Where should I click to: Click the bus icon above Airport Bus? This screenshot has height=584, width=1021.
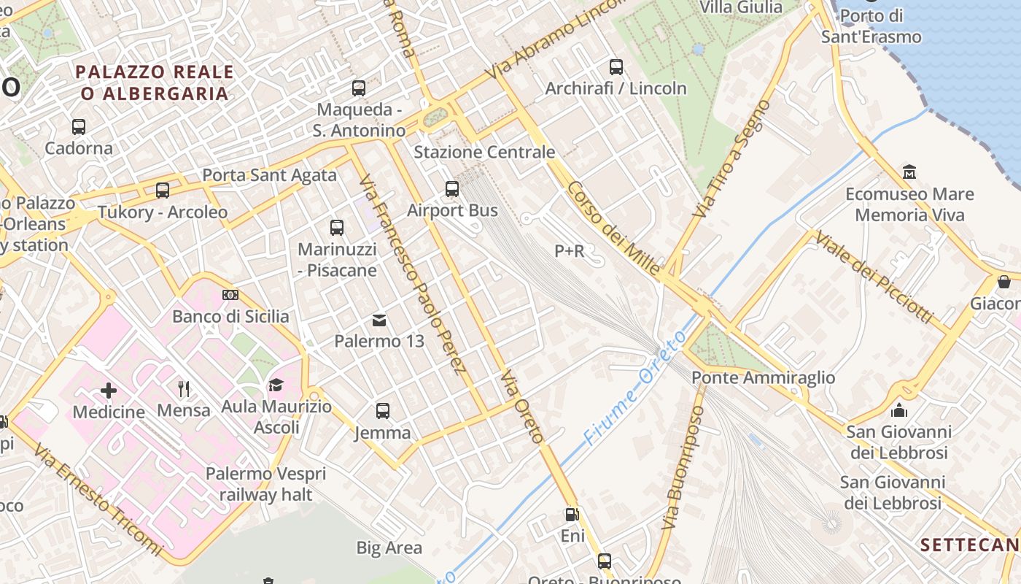(x=452, y=189)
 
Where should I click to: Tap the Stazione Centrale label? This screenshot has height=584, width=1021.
(x=484, y=153)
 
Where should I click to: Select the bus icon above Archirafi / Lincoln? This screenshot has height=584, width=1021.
(x=616, y=67)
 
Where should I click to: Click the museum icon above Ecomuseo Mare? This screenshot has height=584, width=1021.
(x=909, y=172)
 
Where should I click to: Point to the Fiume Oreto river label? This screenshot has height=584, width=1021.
(x=635, y=388)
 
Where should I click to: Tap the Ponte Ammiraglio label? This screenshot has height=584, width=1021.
(x=763, y=377)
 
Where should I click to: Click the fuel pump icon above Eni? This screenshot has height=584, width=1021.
(x=572, y=515)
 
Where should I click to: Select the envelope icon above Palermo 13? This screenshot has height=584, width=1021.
(x=379, y=320)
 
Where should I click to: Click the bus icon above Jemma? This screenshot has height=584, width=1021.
(x=383, y=411)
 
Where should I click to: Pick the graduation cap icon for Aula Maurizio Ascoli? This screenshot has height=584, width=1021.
(x=276, y=385)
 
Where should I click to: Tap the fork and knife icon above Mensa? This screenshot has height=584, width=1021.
(x=184, y=388)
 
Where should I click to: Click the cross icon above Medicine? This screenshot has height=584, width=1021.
(x=109, y=391)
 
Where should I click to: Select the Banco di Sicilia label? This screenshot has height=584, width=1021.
(x=230, y=317)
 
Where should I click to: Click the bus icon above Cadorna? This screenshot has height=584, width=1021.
(x=79, y=127)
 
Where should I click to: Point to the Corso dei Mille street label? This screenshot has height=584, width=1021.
(x=613, y=228)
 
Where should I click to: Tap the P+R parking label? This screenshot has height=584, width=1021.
(x=570, y=251)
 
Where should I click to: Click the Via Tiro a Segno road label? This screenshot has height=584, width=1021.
(x=731, y=159)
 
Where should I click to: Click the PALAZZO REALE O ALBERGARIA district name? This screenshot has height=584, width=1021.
(x=155, y=82)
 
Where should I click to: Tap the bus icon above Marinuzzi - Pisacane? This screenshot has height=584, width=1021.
(x=337, y=228)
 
